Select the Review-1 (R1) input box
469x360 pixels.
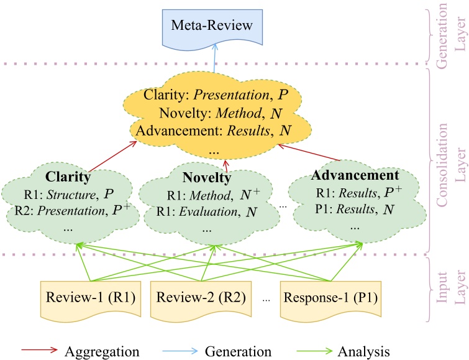91,300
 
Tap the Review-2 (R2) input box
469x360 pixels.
201,300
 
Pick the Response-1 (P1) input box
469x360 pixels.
330,300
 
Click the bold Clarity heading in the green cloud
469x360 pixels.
68,177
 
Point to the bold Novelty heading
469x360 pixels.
207,177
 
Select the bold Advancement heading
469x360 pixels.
355,175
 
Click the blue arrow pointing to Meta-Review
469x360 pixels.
214,58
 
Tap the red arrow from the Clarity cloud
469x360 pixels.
112,156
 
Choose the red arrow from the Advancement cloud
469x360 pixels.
309,152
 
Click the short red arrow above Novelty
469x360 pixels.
226,166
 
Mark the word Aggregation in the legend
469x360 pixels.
102,352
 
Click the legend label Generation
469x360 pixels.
238,351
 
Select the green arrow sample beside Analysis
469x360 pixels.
314,351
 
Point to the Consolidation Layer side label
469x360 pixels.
452,165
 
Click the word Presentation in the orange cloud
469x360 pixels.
231,95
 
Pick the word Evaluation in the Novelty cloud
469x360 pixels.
208,212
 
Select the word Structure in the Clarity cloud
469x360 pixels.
71,195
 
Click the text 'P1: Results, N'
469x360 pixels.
355,209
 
